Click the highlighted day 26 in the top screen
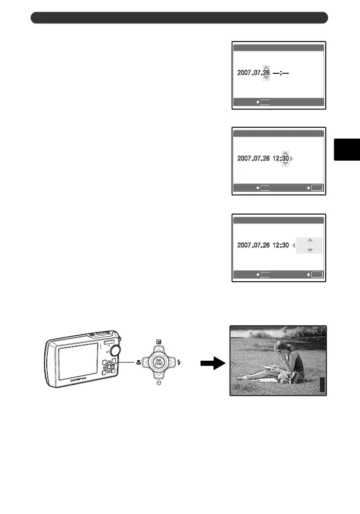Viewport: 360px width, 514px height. (x=266, y=73)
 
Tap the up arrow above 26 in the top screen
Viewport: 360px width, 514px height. (x=266, y=67)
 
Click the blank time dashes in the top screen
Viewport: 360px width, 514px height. (x=281, y=73)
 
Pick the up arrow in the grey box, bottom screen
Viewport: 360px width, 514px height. (x=310, y=240)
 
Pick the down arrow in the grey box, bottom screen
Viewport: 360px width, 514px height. (x=310, y=250)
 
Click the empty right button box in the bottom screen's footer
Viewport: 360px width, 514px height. (x=316, y=274)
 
